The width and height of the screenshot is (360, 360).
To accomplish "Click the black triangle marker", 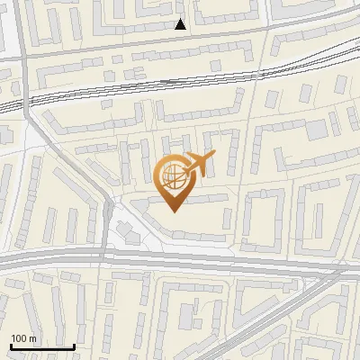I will click(x=181, y=24).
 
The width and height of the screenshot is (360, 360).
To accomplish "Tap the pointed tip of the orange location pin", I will click(x=174, y=211).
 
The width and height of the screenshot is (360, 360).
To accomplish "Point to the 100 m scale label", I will click(x=23, y=338).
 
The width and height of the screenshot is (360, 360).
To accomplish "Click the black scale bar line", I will click(x=42, y=346).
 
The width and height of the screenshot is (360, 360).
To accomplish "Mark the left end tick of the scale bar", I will click(x=11, y=346).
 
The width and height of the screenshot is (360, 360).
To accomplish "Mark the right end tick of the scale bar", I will click(x=74, y=346).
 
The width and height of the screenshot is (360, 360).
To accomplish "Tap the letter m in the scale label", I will click(x=32, y=338).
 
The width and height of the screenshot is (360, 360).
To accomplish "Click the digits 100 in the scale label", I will click(x=19, y=338).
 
